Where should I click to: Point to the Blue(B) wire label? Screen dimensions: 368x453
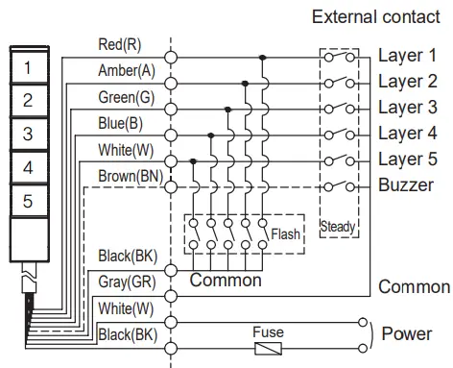coord(119,123)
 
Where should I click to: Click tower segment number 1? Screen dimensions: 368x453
coord(29,67)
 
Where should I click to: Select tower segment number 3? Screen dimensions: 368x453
coord(29,134)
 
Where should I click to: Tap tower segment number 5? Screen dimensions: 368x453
coord(29,200)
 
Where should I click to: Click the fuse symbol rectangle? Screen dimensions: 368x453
coord(268,347)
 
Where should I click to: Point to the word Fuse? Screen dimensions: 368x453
coord(268,331)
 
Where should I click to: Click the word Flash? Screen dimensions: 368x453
coord(285,233)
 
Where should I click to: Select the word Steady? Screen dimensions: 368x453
coord(337,228)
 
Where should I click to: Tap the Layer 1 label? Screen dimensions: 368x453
coord(407,56)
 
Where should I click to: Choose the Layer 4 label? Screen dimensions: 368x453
coord(407,134)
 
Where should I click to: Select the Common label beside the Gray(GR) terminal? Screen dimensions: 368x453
coord(226,281)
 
